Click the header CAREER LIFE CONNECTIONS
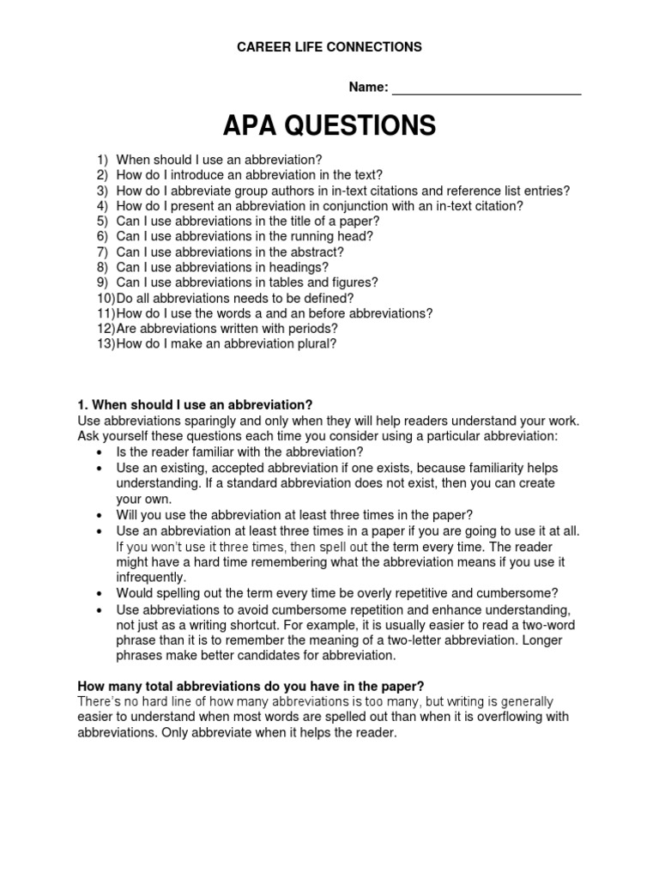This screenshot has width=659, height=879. pyautogui.click(x=329, y=47)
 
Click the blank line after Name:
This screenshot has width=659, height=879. pyautogui.click(x=487, y=88)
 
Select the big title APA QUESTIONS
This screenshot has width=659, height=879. pyautogui.click(x=329, y=126)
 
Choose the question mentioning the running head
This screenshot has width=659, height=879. pyautogui.click(x=245, y=236)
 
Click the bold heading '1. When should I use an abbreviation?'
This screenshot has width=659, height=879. pyautogui.click(x=195, y=404)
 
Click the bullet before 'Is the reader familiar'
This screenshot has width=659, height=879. pyautogui.click(x=100, y=452)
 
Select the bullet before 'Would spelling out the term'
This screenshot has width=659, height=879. pyautogui.click(x=100, y=593)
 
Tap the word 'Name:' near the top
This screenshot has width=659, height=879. pyautogui.click(x=368, y=88)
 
